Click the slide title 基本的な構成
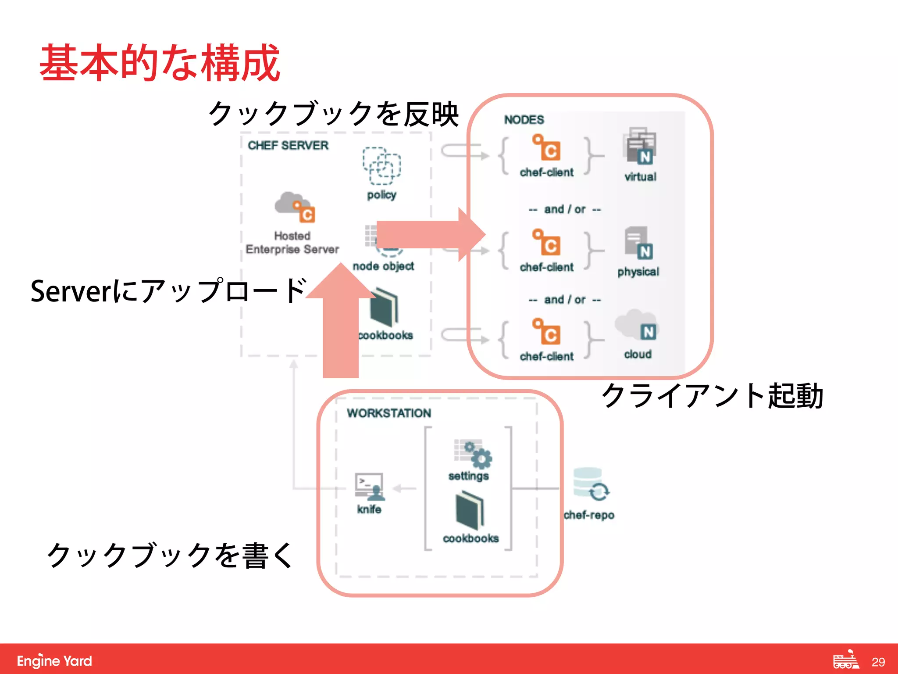click(x=160, y=63)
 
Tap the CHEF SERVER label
click(x=288, y=145)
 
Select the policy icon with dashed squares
click(x=381, y=166)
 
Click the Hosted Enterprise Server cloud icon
click(x=294, y=207)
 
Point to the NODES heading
click(x=524, y=119)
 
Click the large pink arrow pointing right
click(x=430, y=234)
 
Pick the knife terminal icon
click(x=370, y=486)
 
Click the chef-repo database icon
click(x=590, y=484)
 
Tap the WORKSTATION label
click(x=388, y=413)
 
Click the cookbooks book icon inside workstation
click(x=470, y=510)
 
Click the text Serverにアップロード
click(x=168, y=291)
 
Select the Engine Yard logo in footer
click(x=54, y=660)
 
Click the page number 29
click(x=878, y=662)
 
